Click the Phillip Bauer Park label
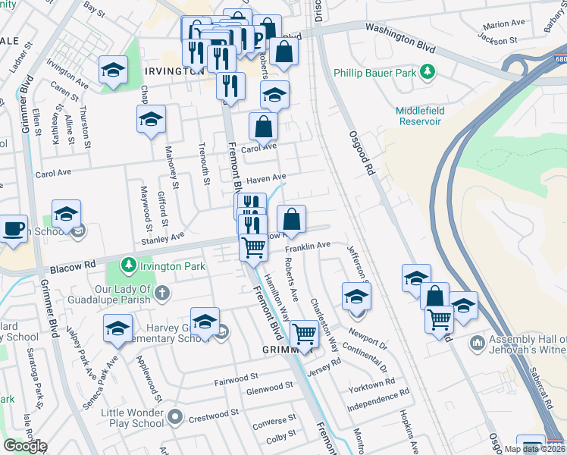377,73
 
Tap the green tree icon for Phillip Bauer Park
429,72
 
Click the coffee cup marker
13,229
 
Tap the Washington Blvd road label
400,38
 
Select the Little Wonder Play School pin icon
176,416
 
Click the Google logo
24,446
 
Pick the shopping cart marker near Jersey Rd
304,333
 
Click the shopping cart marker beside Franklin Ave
253,246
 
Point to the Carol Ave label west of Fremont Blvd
52,174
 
